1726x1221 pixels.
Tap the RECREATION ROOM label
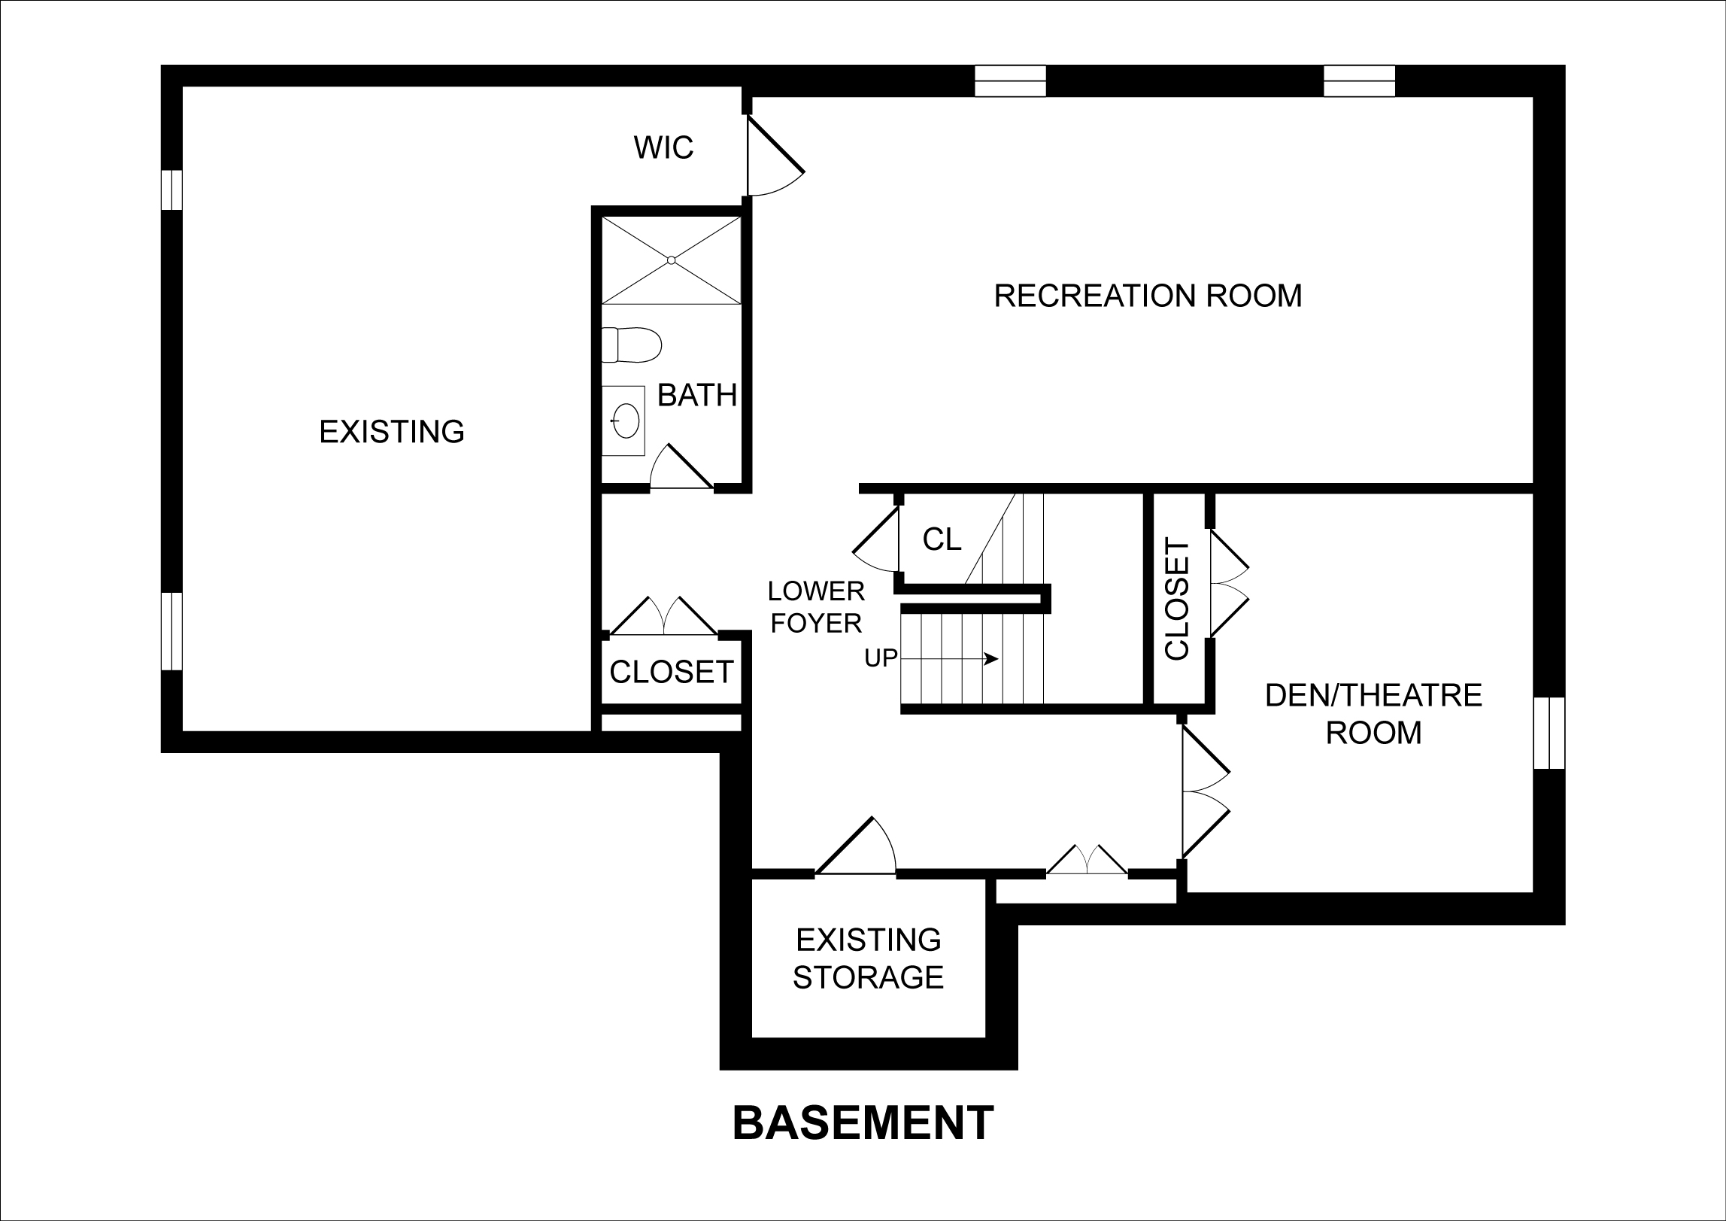click(1148, 296)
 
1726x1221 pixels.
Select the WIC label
click(663, 147)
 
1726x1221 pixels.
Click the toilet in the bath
click(631, 345)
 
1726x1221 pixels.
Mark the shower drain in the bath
click(672, 260)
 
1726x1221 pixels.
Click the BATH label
click(697, 396)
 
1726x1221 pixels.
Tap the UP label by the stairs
click(881, 658)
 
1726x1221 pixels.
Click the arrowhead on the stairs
click(992, 659)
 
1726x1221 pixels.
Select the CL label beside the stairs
click(942, 539)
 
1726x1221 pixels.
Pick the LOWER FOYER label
click(816, 607)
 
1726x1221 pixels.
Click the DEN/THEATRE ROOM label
click(1373, 714)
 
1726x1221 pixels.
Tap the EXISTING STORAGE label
click(869, 958)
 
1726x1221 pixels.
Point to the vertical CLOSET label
click(1176, 599)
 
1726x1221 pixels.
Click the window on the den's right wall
click(1549, 733)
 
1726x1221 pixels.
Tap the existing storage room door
click(856, 846)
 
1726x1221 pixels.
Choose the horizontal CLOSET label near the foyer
click(671, 672)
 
